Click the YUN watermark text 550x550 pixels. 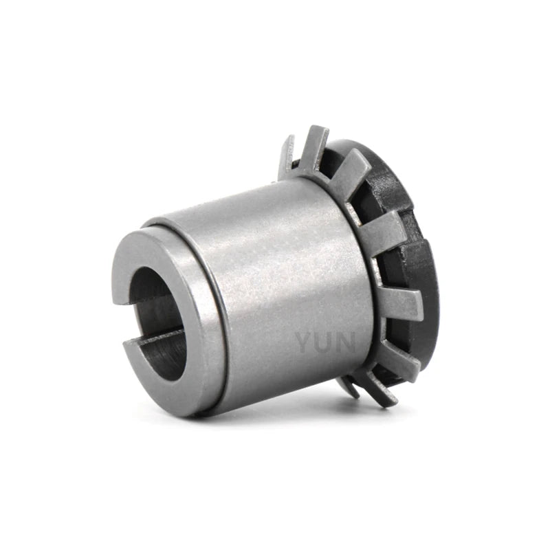[x=325, y=342]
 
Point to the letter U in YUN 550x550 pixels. [x=324, y=342]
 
